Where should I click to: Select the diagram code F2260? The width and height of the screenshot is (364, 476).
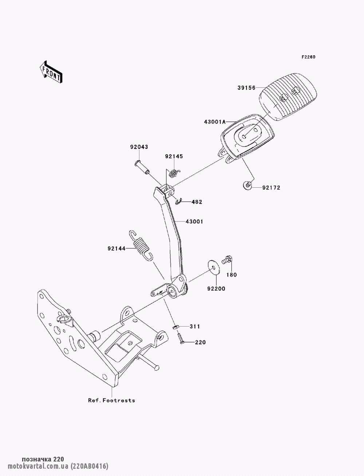308,57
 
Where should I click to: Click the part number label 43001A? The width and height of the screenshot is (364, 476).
214,122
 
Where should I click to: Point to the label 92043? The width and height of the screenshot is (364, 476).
139,147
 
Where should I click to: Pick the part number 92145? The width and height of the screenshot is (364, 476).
174,156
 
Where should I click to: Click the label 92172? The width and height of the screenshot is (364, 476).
271,188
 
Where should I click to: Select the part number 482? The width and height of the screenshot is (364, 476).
197,202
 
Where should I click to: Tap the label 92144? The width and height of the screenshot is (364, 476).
116,249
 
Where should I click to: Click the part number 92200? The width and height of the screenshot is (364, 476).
216,289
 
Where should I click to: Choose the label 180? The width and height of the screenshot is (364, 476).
232,275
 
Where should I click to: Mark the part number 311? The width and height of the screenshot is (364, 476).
195,327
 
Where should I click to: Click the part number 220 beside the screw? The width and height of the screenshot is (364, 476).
200,342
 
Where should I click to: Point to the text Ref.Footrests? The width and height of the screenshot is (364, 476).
111,400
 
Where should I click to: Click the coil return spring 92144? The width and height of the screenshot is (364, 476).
141,245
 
